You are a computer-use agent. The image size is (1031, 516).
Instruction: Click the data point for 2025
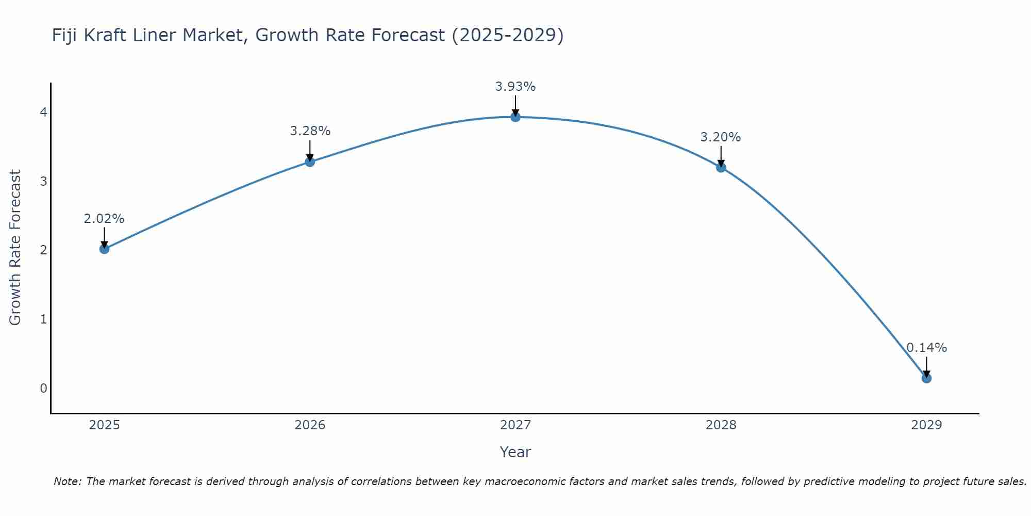pos(104,249)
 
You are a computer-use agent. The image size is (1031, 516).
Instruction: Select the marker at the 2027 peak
pos(515,117)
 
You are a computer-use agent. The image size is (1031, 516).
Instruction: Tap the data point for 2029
pos(926,378)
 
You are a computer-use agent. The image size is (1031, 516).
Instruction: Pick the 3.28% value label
pos(310,131)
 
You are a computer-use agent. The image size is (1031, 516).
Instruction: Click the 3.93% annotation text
pos(515,87)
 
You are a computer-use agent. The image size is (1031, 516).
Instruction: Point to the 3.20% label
pos(720,137)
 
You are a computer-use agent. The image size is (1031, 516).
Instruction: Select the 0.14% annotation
pos(926,348)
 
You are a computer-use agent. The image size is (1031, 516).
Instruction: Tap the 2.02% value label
pos(104,219)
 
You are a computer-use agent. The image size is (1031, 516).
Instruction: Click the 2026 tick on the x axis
pos(310,425)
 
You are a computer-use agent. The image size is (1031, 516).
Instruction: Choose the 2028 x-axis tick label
pos(721,425)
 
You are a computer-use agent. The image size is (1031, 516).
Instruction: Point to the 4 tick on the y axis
pos(43,112)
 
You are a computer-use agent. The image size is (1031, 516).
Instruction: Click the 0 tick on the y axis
pos(43,388)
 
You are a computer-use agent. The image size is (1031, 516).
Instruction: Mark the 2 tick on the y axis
pos(43,250)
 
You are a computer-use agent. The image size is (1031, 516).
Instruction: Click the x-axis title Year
pos(515,452)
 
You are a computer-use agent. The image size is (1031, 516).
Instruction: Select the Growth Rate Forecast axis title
pos(15,248)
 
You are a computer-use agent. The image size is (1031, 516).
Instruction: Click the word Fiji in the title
pos(64,35)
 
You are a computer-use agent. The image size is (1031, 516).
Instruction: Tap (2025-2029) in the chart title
pos(507,35)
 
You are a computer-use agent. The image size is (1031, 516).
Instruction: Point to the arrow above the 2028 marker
pos(721,156)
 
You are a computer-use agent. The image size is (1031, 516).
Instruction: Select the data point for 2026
pos(310,162)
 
